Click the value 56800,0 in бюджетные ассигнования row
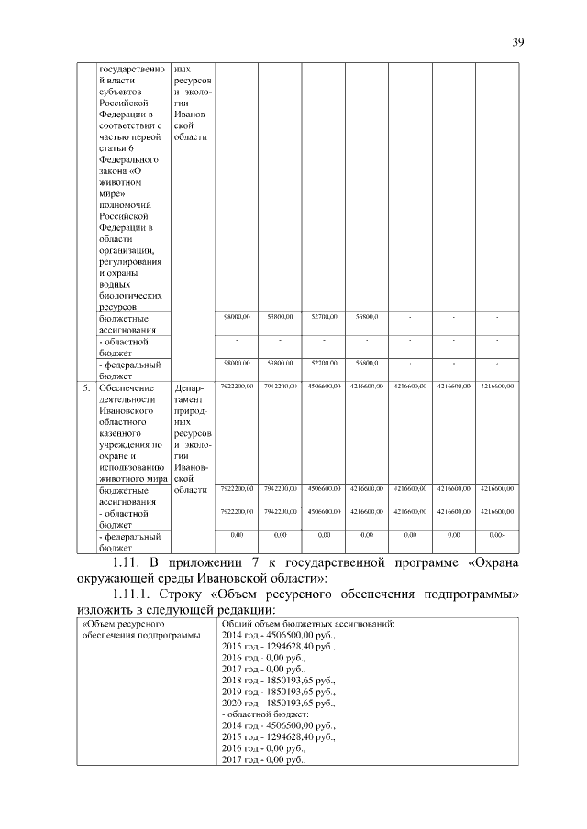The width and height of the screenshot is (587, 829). point(367,317)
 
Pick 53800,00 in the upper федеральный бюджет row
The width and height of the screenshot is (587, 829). point(281,364)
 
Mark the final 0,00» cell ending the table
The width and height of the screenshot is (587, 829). point(497,534)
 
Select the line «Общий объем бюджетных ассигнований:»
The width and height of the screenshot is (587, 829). point(307,625)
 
